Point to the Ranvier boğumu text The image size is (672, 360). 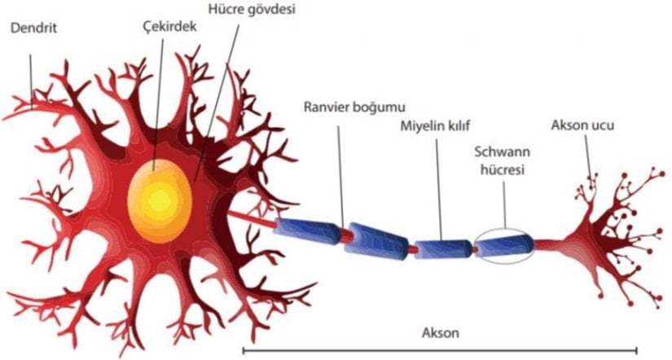click(354, 107)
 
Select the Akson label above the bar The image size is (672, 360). click(441, 332)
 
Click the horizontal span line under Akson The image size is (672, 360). click(440, 349)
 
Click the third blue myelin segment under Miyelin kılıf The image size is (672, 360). click(443, 248)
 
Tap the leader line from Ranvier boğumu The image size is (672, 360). click(340, 171)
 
